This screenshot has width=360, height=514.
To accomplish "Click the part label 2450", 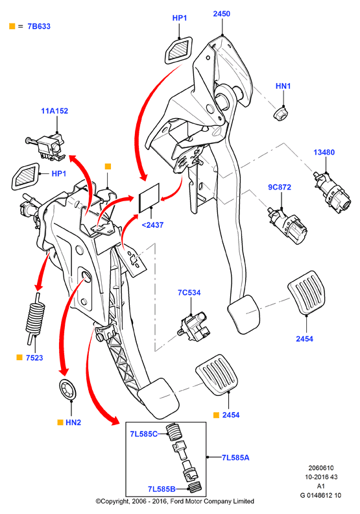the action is pos(221,14).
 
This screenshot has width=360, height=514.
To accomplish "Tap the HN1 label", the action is pos(283,86).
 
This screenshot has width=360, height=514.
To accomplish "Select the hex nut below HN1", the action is pos(281,114).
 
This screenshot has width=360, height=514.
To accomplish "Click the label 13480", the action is pos(324,153).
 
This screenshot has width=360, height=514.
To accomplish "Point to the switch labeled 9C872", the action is pos(287,225).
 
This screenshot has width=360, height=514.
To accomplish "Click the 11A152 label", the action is pos(54,111).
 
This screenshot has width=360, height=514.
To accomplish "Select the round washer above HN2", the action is pos(68,389).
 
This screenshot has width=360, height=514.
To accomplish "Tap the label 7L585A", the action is pos(235,458).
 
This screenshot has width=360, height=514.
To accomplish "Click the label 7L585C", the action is pos(143,434).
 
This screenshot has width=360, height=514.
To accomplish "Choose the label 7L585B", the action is pos(162,489).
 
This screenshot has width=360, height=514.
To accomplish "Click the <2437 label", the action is pos(152,225).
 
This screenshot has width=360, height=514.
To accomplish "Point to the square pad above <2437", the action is pos(149,198).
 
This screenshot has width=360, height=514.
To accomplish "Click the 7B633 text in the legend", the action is pos(39,27).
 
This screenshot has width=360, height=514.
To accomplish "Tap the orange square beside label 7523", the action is pos(19,358).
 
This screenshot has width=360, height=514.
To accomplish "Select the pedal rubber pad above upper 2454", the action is pos(306,293).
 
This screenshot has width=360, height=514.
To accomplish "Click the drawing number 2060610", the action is pos(320,468).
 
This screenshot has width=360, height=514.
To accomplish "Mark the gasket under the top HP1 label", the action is pos(178,50).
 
